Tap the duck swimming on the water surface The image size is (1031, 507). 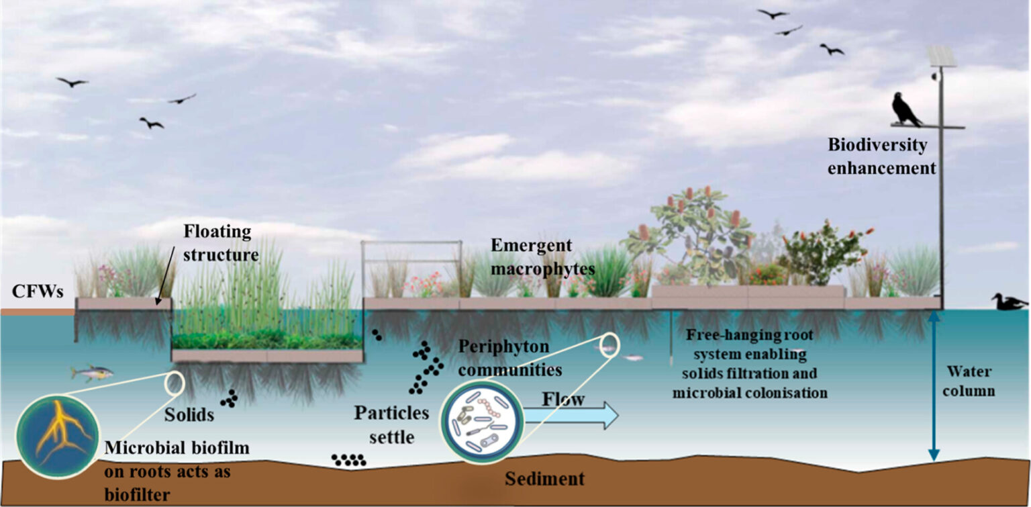(1008, 302)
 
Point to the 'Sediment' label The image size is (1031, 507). (544, 479)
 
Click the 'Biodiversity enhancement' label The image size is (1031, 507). (881, 156)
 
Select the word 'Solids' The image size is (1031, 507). (189, 415)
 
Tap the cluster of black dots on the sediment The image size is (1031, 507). (349, 460)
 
